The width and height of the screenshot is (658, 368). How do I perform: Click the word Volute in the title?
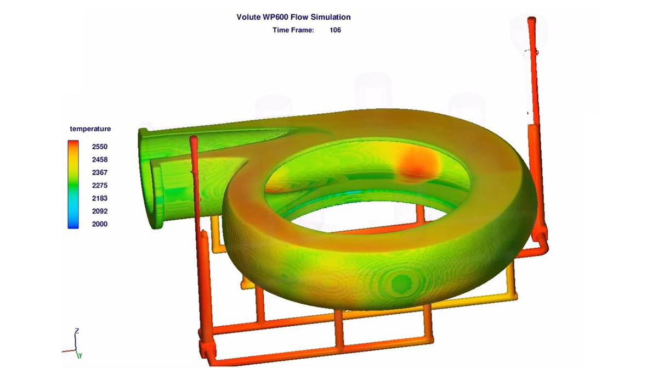point(248,17)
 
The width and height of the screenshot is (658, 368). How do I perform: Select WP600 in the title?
point(275,17)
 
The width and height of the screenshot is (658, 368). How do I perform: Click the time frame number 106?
point(335,30)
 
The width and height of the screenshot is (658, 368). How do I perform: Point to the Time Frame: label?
point(293,30)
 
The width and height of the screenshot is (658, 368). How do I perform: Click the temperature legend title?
point(90,129)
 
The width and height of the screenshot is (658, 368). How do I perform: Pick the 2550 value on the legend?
point(100,147)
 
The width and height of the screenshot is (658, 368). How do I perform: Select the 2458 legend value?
point(100,159)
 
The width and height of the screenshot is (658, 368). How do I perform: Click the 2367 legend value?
point(100,172)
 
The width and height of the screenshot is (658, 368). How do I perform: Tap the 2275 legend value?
point(100,185)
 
